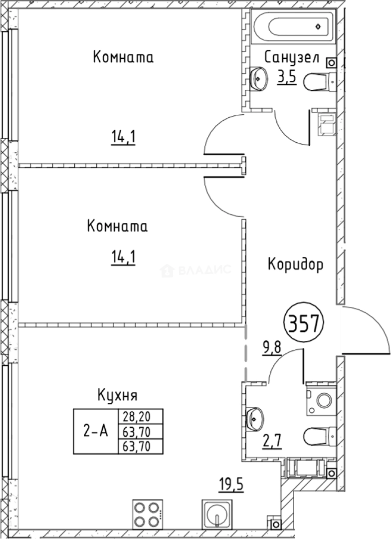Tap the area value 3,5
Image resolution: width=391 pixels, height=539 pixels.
287,78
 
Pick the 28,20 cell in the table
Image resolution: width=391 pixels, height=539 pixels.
140,416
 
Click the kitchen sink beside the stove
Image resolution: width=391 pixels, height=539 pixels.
217,514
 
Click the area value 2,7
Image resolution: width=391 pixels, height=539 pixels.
273,441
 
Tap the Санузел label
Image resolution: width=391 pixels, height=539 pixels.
292,57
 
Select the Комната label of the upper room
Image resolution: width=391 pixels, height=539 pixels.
123,57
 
